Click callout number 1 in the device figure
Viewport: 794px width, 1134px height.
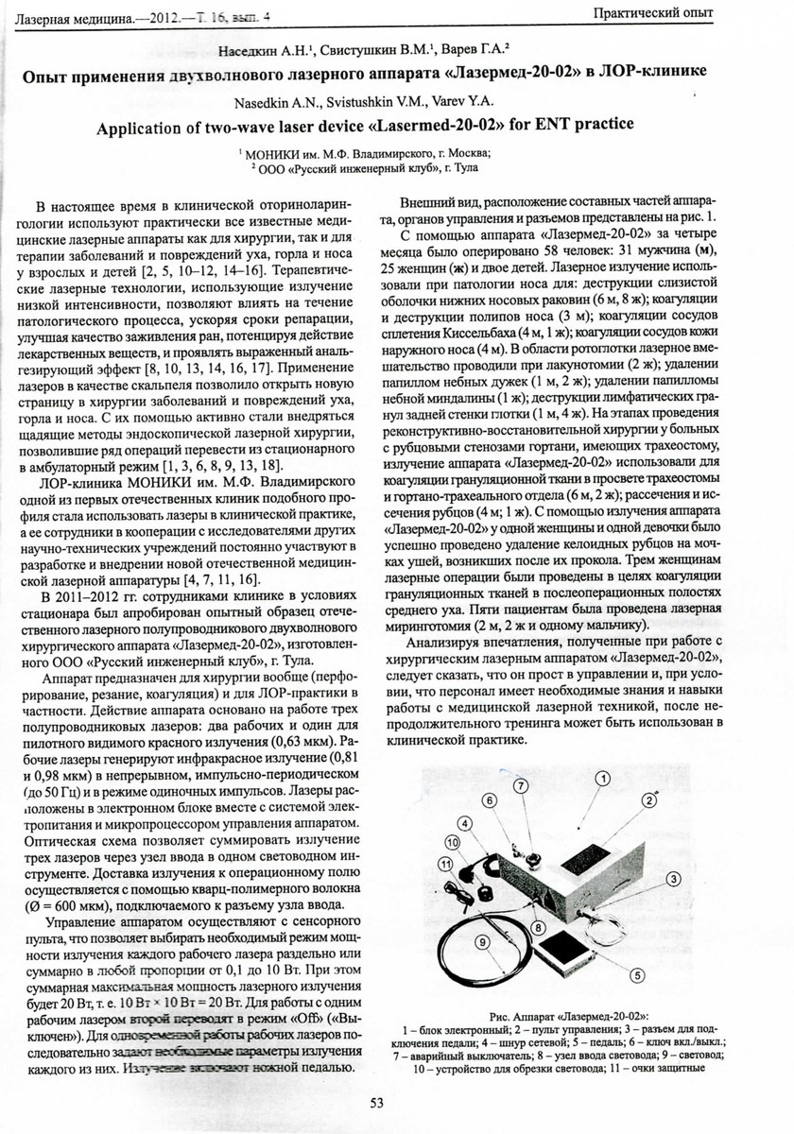(x=602, y=777)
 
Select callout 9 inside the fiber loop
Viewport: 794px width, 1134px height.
(x=482, y=941)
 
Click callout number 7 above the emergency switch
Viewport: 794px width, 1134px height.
(x=520, y=786)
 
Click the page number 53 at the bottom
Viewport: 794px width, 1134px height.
(x=375, y=1102)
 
